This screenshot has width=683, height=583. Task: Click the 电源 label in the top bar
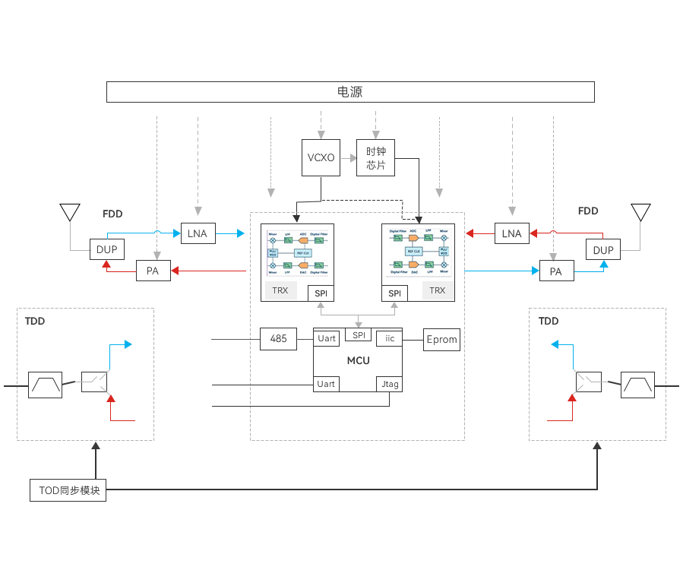point(350,92)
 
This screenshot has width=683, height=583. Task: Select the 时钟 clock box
point(375,151)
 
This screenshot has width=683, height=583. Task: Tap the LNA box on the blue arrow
point(198,233)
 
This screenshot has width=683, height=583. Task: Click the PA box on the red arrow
point(153,271)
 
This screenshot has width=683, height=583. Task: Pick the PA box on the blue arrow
point(556,271)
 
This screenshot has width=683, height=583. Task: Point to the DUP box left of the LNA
point(106,249)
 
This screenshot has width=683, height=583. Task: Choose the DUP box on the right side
point(603,249)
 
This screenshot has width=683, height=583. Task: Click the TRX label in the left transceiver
point(280,290)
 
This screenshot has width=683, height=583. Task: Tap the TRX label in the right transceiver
point(437,290)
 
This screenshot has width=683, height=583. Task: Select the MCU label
point(358,360)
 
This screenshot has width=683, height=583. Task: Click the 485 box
point(278,338)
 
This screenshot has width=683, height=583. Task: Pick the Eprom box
point(441,339)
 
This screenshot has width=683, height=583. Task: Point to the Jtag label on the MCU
point(390,385)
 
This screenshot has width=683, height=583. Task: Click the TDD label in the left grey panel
point(35,322)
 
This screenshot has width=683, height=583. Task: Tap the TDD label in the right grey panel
point(549,322)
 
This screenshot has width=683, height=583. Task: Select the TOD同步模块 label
point(68,491)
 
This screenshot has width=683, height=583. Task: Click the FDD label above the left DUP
point(112,214)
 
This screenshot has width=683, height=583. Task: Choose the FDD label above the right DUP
point(588,211)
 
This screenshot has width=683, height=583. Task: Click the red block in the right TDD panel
point(563,407)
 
